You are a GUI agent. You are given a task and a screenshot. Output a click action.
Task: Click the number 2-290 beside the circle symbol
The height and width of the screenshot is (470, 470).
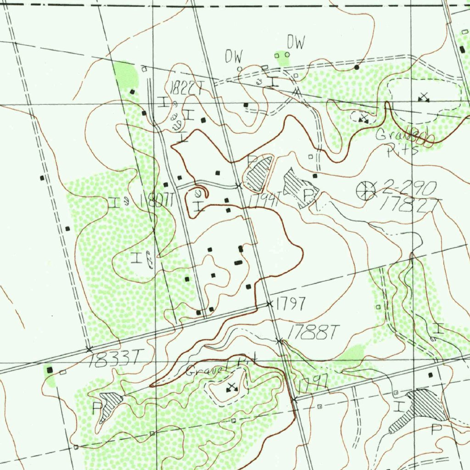(x=409, y=187)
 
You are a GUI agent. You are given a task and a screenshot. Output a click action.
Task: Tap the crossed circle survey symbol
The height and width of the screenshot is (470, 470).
(x=366, y=190)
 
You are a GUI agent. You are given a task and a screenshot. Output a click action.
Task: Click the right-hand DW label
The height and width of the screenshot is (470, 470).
(x=296, y=43)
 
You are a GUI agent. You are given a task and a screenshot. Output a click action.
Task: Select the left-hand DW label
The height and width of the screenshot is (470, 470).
(x=233, y=56)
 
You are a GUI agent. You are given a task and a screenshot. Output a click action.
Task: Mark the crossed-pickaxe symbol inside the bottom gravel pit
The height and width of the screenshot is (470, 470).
(x=231, y=388)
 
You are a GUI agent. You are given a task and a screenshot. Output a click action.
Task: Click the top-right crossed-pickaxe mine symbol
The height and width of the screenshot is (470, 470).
(x=424, y=97)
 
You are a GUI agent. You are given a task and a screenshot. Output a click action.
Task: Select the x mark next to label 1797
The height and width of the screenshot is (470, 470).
(x=269, y=304)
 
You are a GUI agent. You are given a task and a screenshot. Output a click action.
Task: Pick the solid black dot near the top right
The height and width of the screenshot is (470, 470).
(x=357, y=67)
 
